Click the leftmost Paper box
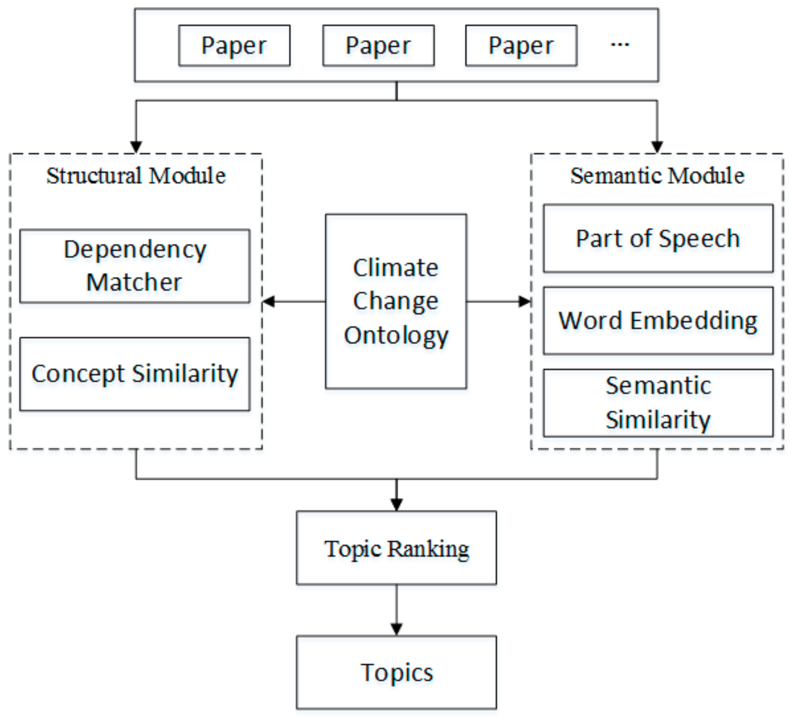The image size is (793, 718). pos(234,45)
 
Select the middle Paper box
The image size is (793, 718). pos(378,45)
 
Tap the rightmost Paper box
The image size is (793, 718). pos(521,45)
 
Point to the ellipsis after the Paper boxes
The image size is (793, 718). pos(620,44)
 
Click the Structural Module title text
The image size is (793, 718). pos(136,176)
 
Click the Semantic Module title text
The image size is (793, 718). pos(657,176)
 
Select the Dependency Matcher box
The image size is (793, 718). pos(135,266)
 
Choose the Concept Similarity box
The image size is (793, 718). pos(135,374)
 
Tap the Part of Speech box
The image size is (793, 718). pos(658,239)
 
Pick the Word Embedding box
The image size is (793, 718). pos(658,321)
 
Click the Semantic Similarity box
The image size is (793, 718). pos(658,402)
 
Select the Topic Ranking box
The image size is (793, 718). pos(396,548)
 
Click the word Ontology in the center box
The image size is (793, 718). pos(396,335)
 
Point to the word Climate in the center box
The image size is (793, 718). pos(396,268)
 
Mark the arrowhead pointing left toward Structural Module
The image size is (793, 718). pos(269,302)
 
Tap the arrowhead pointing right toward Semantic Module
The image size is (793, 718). pos(524,302)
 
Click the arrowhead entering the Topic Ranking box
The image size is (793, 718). pos(396,504)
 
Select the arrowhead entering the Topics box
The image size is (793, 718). pos(396,629)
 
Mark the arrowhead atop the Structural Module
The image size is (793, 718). pos(136,147)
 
